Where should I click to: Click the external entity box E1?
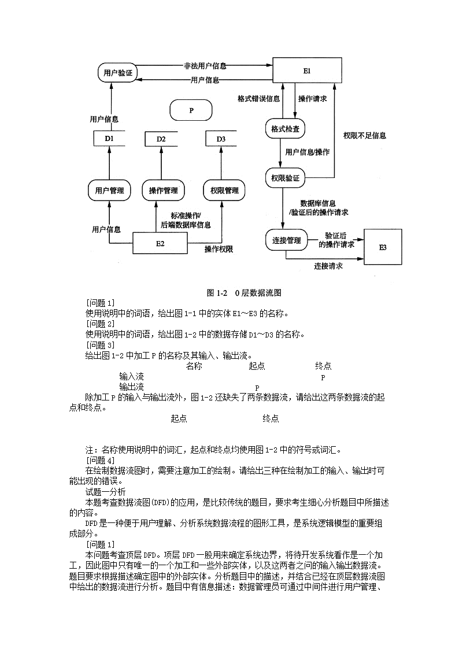(x=306, y=71)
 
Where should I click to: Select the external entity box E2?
(x=160, y=243)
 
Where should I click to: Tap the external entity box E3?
(x=382, y=247)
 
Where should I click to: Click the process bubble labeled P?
(x=191, y=109)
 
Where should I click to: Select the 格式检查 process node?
(x=285, y=129)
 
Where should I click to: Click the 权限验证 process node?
(x=285, y=178)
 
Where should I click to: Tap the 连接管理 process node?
(x=286, y=240)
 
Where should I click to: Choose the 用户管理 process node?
(x=109, y=190)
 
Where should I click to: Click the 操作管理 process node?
(x=163, y=190)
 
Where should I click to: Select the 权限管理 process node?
(x=224, y=190)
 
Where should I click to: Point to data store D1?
(x=109, y=139)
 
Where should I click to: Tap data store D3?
(x=222, y=139)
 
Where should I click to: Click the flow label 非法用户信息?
(x=205, y=66)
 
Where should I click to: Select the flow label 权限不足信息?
(x=364, y=136)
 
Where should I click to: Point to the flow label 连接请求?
(x=328, y=266)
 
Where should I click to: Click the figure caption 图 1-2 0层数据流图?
(x=244, y=292)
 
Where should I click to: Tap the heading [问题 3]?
(x=100, y=345)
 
